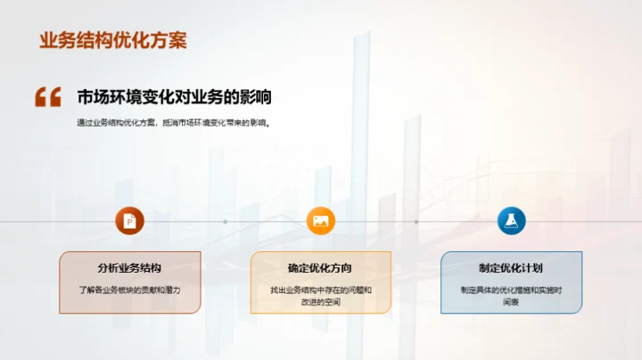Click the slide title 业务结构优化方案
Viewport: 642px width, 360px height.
pos(113,42)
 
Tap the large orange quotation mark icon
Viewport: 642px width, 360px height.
pos(47,97)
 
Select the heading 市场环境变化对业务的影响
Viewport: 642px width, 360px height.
pos(174,97)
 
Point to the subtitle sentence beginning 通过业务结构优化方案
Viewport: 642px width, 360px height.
pos(173,124)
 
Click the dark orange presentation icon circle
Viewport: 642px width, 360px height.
pos(130,221)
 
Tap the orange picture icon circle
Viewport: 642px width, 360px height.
pos(321,221)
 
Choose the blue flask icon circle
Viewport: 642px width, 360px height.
pos(511,221)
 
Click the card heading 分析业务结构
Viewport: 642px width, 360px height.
pos(130,267)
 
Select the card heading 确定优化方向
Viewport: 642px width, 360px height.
pos(320,267)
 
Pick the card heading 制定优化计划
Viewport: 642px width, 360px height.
pos(511,267)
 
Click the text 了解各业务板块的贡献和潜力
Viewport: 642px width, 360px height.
pos(130,290)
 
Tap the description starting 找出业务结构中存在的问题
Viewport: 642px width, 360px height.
pos(320,290)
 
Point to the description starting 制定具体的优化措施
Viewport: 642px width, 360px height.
pos(511,290)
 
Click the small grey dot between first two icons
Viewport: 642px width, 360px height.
pos(225,221)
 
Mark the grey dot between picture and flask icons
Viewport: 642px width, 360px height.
pos(416,221)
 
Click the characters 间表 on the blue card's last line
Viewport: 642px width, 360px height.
pos(511,302)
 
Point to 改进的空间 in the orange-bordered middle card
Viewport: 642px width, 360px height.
pos(320,302)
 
